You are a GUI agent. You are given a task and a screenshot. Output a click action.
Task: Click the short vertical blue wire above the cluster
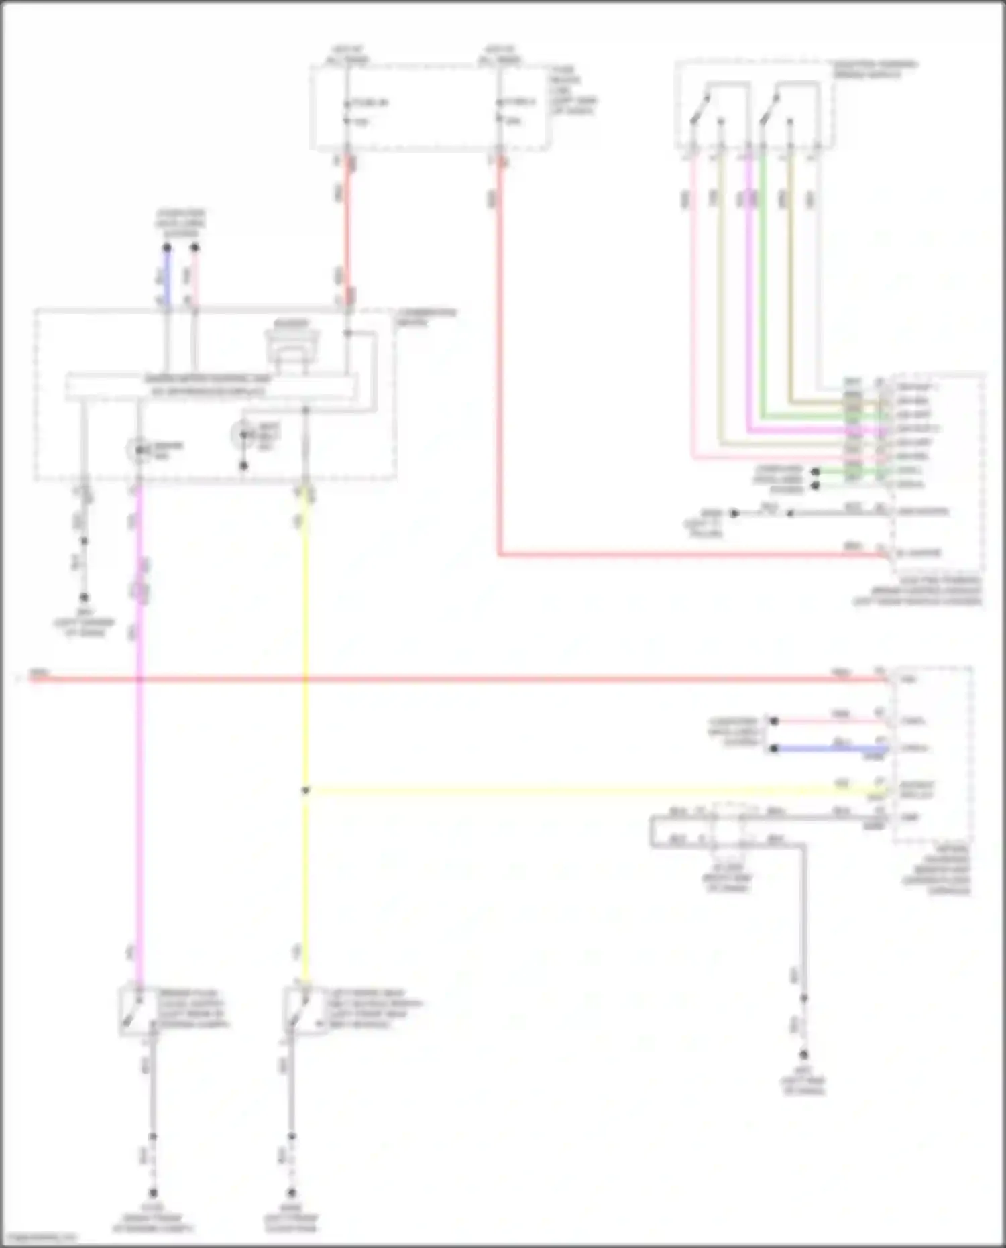click(x=167, y=278)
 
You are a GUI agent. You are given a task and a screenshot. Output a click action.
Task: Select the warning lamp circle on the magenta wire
click(x=139, y=450)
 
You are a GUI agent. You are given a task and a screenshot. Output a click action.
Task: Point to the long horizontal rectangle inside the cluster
click(x=211, y=387)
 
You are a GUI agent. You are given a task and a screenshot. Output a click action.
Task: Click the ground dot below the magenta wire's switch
click(x=153, y=1193)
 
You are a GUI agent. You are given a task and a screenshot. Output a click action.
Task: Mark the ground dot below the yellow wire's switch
click(x=292, y=1193)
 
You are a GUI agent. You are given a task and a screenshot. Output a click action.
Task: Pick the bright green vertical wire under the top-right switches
click(x=763, y=268)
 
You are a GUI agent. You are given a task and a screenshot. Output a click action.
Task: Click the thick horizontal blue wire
click(x=832, y=748)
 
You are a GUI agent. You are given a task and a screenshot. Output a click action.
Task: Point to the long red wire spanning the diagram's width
click(x=469, y=679)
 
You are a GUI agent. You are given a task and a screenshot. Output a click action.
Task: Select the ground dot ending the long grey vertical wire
click(x=803, y=1055)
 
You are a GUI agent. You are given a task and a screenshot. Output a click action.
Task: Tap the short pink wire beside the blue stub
click(x=194, y=278)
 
